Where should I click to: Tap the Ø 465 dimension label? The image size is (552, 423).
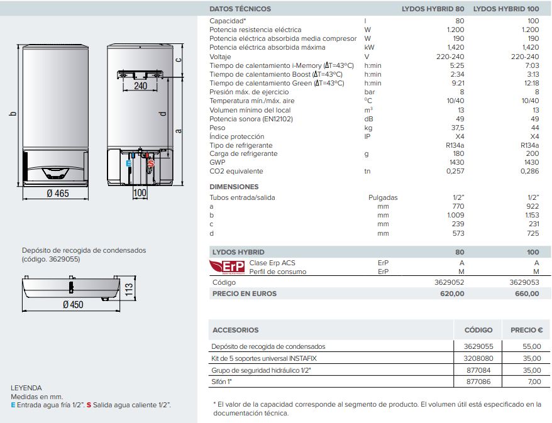(x=57, y=194)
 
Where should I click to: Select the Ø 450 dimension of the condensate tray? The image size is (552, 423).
(x=73, y=304)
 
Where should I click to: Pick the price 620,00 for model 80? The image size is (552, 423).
(x=452, y=294)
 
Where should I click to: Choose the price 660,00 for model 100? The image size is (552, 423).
(x=527, y=294)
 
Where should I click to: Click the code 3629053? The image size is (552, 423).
(x=524, y=283)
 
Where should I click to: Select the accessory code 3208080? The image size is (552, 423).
(x=478, y=358)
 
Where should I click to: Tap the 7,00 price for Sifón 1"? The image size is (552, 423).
(x=534, y=382)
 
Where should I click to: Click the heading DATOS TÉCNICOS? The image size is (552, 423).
(x=240, y=9)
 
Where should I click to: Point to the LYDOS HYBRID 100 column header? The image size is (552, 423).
(x=505, y=9)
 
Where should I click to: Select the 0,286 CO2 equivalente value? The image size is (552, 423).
(x=530, y=171)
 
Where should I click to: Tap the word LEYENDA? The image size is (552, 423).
(x=26, y=388)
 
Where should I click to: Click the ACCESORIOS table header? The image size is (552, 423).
(x=235, y=330)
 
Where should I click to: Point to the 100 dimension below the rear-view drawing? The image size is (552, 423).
(x=140, y=193)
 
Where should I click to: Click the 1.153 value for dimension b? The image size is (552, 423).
(x=531, y=215)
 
